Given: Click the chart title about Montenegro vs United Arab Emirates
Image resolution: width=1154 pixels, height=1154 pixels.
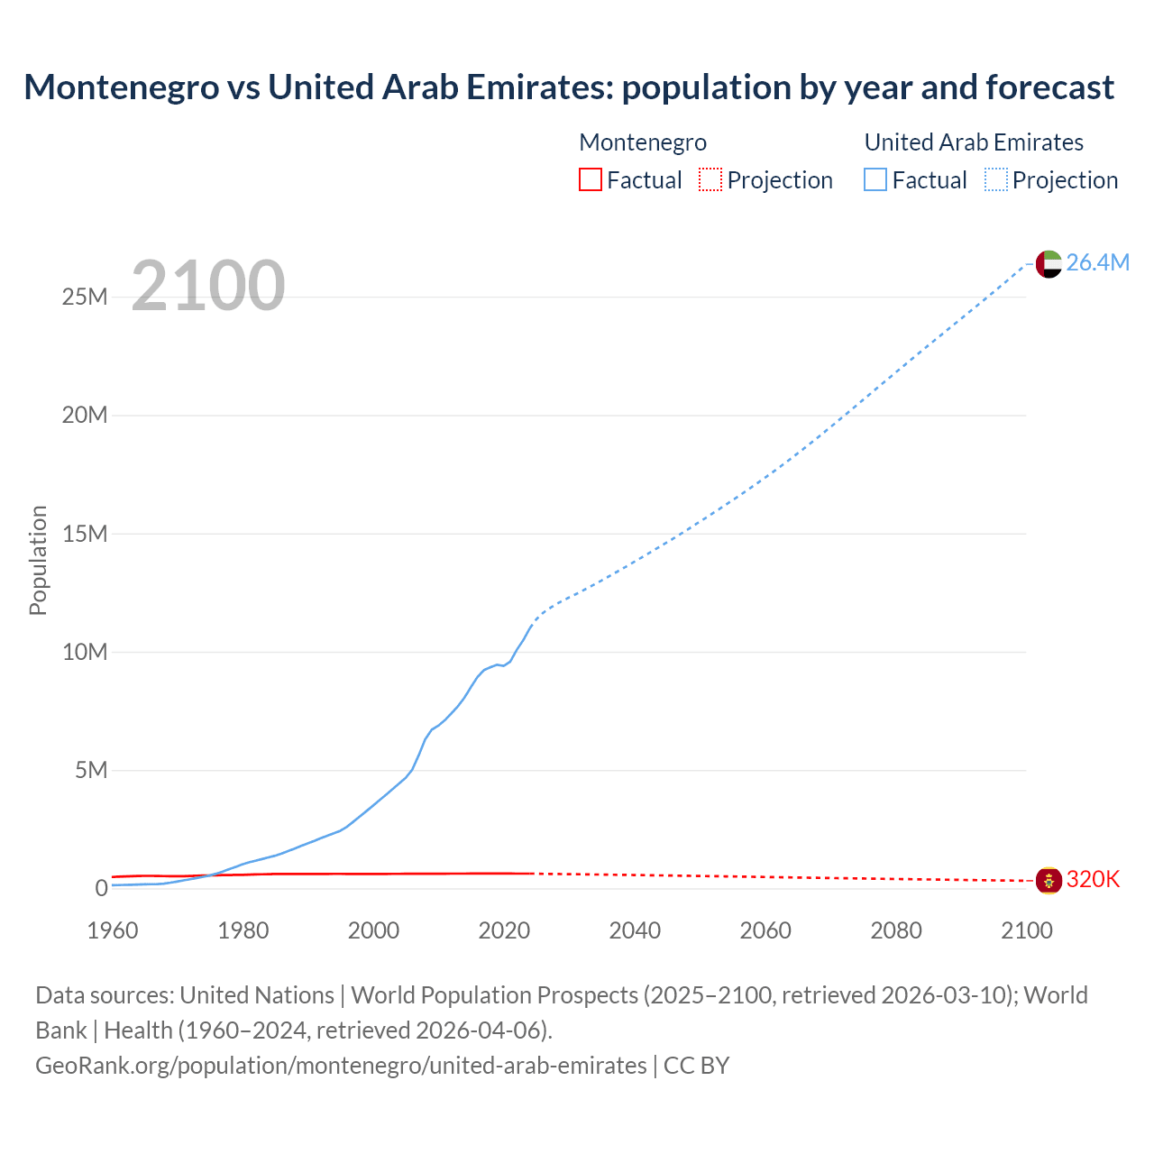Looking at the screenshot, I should [x=569, y=87].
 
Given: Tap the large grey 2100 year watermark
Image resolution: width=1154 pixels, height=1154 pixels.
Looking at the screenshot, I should [x=208, y=286].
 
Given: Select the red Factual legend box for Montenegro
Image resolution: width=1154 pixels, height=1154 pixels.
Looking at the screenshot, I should [x=590, y=179].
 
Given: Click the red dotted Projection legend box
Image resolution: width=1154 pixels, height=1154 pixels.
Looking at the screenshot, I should [x=710, y=179].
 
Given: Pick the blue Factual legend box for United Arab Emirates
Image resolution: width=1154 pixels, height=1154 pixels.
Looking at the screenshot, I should [x=875, y=179].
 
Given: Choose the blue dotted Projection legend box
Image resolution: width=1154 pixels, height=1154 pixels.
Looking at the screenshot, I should [x=996, y=179].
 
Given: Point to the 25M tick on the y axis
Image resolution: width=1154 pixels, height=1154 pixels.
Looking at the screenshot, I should [x=85, y=297].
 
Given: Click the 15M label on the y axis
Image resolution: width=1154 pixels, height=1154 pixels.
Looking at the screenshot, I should [x=85, y=534].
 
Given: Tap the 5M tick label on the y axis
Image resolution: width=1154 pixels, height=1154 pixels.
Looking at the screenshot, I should [x=91, y=770].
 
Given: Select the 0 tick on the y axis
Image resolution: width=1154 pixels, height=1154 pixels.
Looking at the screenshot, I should [x=101, y=888].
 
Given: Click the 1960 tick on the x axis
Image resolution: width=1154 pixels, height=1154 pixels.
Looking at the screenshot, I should [x=113, y=930].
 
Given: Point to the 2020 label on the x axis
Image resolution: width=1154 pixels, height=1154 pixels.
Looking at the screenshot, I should [x=504, y=930].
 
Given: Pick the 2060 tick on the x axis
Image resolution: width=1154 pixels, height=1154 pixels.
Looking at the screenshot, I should [x=765, y=930].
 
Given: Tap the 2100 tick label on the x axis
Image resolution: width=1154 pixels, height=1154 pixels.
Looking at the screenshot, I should [x=1027, y=930].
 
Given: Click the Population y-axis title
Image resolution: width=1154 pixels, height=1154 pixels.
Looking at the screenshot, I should [x=38, y=560].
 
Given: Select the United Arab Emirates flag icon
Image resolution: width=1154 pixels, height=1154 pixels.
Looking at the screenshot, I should [x=1049, y=263].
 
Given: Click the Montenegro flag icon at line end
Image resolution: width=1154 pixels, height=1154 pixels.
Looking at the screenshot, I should [x=1049, y=880].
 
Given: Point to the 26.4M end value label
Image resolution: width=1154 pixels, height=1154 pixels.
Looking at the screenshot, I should [x=1097, y=262].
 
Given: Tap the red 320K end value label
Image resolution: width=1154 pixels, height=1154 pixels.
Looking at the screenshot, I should [x=1093, y=880].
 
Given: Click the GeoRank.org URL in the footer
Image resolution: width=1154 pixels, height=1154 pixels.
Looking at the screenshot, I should [x=341, y=1066].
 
